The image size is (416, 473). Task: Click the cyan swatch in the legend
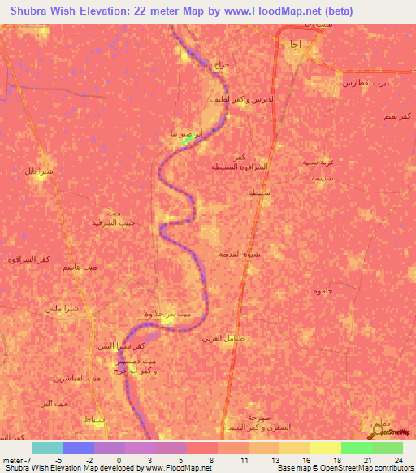click(48, 448)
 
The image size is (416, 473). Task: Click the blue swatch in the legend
click(79, 448)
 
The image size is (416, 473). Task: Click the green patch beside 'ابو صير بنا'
click(188, 139)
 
